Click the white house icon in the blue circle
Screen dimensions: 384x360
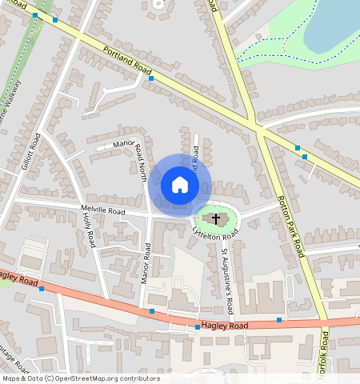[x=180, y=185]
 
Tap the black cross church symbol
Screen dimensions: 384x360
[x=216, y=218]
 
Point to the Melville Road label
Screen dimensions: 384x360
[x=103, y=211]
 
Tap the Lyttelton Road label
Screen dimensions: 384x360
[x=215, y=233]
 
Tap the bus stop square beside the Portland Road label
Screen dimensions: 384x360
[x=151, y=79]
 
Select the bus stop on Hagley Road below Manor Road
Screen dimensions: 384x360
[x=151, y=310]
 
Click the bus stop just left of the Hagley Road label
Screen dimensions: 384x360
[x=198, y=327]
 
